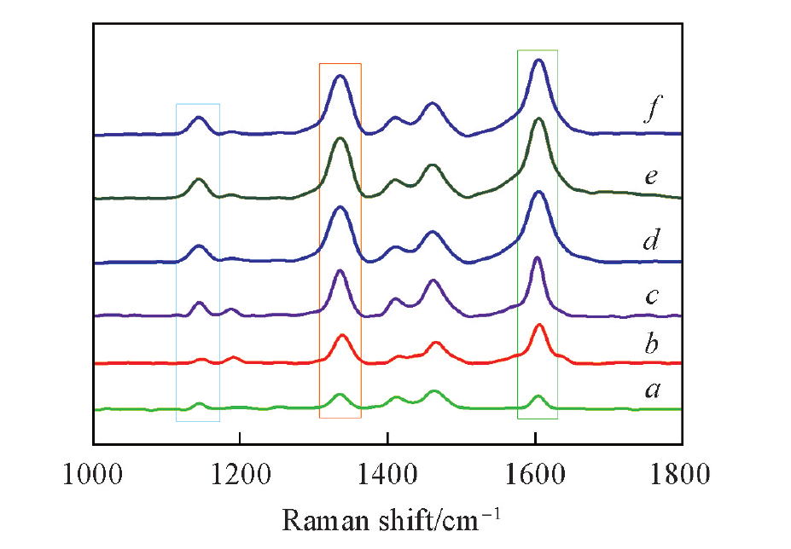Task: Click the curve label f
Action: click(651, 113)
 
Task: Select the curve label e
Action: click(651, 177)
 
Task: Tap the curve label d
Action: click(651, 241)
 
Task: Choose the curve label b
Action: click(652, 344)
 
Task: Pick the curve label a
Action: click(652, 390)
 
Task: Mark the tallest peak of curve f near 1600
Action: click(538, 60)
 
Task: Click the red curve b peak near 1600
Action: click(539, 325)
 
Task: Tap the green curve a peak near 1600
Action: click(538, 396)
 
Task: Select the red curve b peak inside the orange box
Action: click(342, 335)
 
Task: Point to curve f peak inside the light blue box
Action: click(199, 118)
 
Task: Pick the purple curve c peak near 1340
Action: click(340, 270)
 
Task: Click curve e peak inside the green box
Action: click(538, 119)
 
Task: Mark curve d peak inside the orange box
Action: click(340, 207)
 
